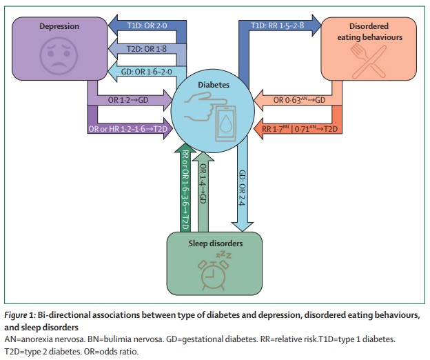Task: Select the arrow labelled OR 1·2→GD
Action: pos(131,101)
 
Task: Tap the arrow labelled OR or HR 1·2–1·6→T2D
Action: pos(131,128)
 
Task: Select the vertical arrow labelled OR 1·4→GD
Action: pos(203,186)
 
